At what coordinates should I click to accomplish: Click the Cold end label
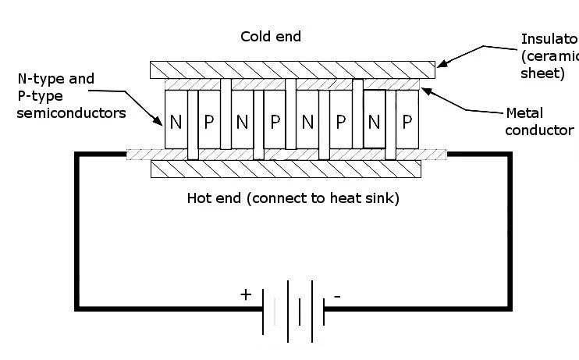(270, 37)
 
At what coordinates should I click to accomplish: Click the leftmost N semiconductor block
(176, 121)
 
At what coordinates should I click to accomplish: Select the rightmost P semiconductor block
(407, 121)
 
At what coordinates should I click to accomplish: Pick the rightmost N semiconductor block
(374, 121)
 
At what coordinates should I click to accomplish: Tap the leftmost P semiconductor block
(208, 121)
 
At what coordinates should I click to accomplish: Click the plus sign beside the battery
(246, 295)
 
